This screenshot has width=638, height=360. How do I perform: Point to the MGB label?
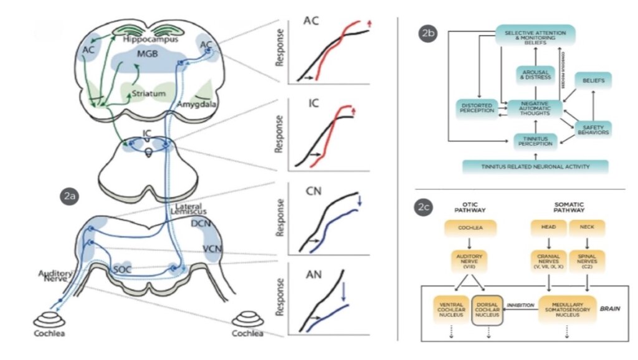(147, 55)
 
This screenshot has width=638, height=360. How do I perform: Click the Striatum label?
(148, 94)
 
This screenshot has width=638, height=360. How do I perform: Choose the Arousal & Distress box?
(535, 74)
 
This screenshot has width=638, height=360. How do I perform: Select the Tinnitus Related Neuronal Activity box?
(535, 166)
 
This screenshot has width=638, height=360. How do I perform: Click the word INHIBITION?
(521, 306)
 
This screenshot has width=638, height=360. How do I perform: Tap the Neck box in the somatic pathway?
(587, 228)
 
